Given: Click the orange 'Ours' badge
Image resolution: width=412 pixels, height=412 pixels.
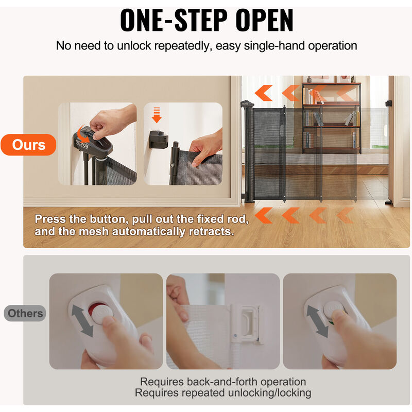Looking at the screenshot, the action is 28,145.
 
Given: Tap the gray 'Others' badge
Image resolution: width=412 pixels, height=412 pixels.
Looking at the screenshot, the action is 25,313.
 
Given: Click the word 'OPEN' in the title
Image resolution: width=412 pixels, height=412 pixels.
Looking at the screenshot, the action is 264,20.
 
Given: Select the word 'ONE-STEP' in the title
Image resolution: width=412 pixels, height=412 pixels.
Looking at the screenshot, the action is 174,20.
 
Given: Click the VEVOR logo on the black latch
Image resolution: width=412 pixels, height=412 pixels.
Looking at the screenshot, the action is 82,144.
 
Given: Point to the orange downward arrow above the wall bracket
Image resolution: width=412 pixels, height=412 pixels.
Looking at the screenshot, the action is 157,115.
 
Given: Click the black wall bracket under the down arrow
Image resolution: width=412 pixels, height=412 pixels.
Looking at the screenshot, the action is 159,140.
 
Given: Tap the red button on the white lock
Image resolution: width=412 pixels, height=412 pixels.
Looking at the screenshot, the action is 96,310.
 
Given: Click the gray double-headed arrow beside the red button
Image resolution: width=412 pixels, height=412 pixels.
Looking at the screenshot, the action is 82,320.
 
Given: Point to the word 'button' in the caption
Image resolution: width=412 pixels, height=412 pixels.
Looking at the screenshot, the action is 109,219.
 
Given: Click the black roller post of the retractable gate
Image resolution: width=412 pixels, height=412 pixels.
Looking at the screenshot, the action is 249,152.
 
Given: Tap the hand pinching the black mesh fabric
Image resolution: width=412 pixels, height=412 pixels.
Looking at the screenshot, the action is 207,147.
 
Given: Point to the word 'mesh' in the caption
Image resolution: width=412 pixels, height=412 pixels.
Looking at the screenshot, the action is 93,231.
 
